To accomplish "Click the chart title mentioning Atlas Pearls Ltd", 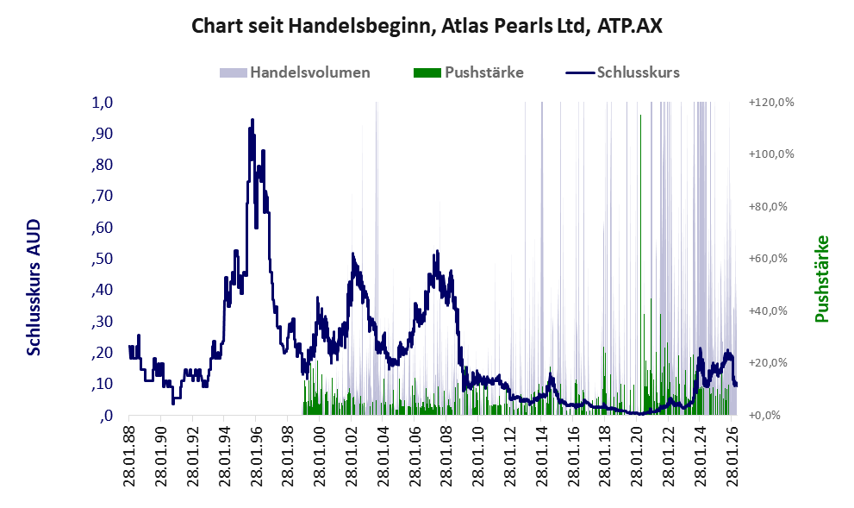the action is click(x=427, y=26).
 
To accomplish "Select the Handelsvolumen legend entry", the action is click(x=295, y=72).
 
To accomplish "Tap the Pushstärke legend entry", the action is click(x=469, y=72).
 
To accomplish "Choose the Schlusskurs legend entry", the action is click(x=622, y=72).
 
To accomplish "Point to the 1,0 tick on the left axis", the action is click(x=102, y=103).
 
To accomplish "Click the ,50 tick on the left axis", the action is click(x=102, y=259).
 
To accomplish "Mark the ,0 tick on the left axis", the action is click(x=106, y=416).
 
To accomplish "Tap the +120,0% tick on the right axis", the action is click(x=771, y=102).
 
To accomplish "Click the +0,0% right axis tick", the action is click(x=764, y=416).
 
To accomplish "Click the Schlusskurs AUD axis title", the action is click(x=34, y=287).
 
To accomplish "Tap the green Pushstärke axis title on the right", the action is click(x=822, y=279).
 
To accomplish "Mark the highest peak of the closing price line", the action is click(x=252, y=119).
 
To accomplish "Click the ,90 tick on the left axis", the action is click(x=102, y=134).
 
